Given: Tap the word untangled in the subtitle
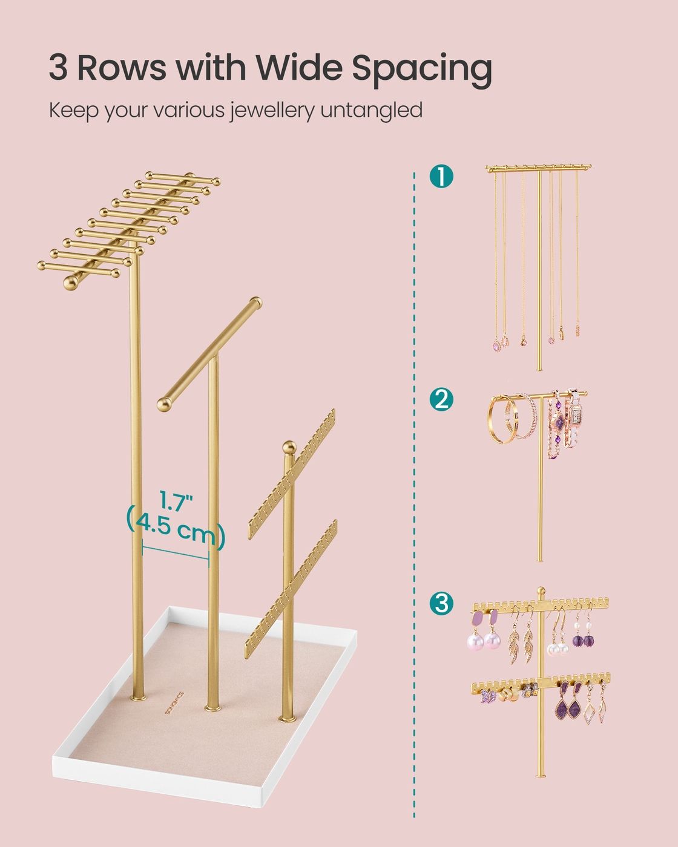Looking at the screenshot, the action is click(371, 110).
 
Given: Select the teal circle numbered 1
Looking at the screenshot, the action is click(441, 176).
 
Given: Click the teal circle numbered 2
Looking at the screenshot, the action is click(441, 399).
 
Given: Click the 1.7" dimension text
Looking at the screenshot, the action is click(176, 502).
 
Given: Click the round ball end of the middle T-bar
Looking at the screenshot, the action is click(165, 404).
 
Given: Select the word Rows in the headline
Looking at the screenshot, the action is click(122, 68).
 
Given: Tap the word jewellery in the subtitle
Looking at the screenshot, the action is click(272, 111).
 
